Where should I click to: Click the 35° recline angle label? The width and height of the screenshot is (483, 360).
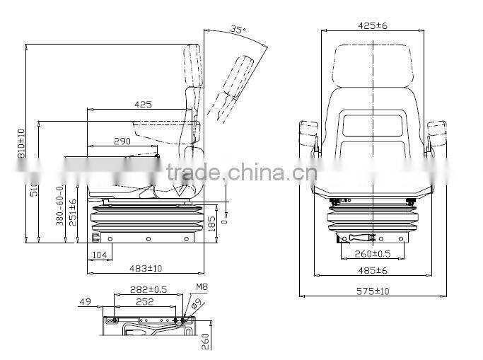238,30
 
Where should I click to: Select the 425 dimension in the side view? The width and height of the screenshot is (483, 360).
143,105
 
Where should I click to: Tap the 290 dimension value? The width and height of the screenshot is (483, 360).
122,141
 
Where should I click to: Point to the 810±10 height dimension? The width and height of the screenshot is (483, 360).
21,142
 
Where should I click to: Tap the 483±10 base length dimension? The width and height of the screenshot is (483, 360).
146,268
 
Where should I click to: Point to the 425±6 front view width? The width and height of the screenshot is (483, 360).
373,26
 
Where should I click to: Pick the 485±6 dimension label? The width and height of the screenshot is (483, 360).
372,270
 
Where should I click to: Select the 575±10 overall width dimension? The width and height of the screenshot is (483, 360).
373,291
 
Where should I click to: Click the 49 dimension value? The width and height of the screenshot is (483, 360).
86,302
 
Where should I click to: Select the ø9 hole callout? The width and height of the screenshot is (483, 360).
197,304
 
